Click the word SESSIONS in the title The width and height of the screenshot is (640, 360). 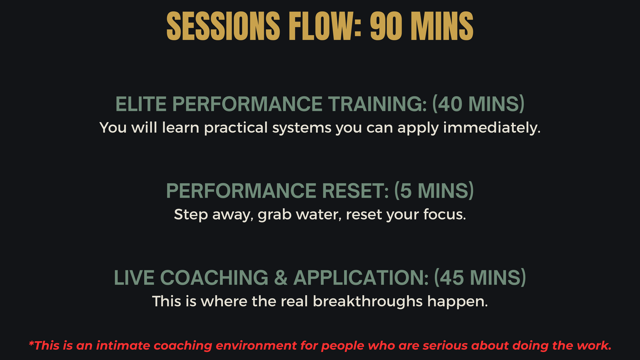coord(223,26)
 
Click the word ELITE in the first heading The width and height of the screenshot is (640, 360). coord(141,104)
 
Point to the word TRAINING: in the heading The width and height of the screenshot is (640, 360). coord(377,104)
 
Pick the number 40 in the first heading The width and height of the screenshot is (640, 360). coord(450,104)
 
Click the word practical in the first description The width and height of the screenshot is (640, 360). coord(236,128)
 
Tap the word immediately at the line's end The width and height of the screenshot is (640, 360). coord(492,128)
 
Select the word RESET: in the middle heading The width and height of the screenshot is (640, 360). coord(355,191)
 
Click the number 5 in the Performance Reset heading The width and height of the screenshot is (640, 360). coord(406,191)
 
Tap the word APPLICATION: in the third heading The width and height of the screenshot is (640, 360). coord(361,277)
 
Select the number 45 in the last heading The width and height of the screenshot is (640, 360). coord(452,277)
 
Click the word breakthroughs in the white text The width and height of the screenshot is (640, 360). coord(367,301)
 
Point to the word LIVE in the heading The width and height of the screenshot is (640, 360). coord(134,277)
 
